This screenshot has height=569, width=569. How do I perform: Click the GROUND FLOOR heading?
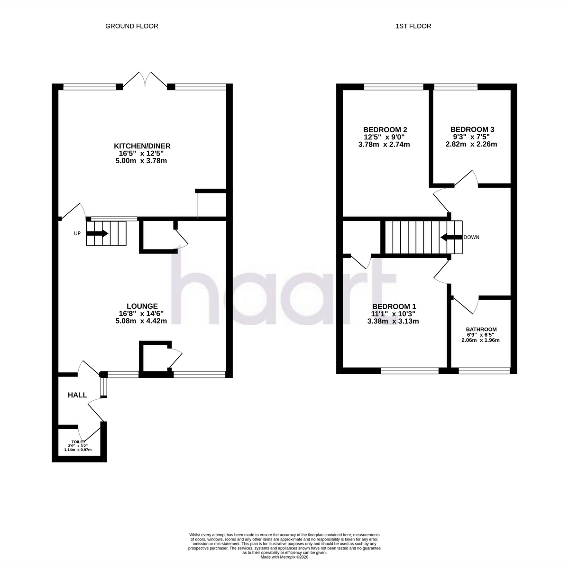point(132,26)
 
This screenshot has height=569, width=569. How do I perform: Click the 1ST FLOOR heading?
point(413,26)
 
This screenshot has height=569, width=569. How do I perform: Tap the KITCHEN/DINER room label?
point(142,146)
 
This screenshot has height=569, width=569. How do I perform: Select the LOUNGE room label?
point(142,306)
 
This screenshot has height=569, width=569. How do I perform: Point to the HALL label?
point(77,395)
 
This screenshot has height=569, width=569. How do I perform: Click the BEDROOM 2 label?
point(385,129)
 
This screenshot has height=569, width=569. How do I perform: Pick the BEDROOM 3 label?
point(472,129)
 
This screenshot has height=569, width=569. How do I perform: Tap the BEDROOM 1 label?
point(394,306)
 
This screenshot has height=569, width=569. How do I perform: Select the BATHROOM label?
point(481,329)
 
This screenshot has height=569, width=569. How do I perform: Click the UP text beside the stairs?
point(77,234)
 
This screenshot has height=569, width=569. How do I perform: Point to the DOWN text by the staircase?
point(471,237)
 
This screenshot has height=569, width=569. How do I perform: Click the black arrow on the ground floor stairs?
point(97,233)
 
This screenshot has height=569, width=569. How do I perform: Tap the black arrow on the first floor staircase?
point(451,237)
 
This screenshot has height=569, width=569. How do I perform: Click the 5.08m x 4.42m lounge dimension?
point(141,321)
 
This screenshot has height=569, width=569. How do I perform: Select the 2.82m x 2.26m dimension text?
point(471,144)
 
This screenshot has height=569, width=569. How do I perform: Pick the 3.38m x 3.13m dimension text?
point(393,321)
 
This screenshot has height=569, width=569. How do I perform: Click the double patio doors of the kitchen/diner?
point(145,80)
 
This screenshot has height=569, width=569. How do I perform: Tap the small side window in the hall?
point(103,387)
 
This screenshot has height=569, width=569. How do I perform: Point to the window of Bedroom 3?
point(456,86)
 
